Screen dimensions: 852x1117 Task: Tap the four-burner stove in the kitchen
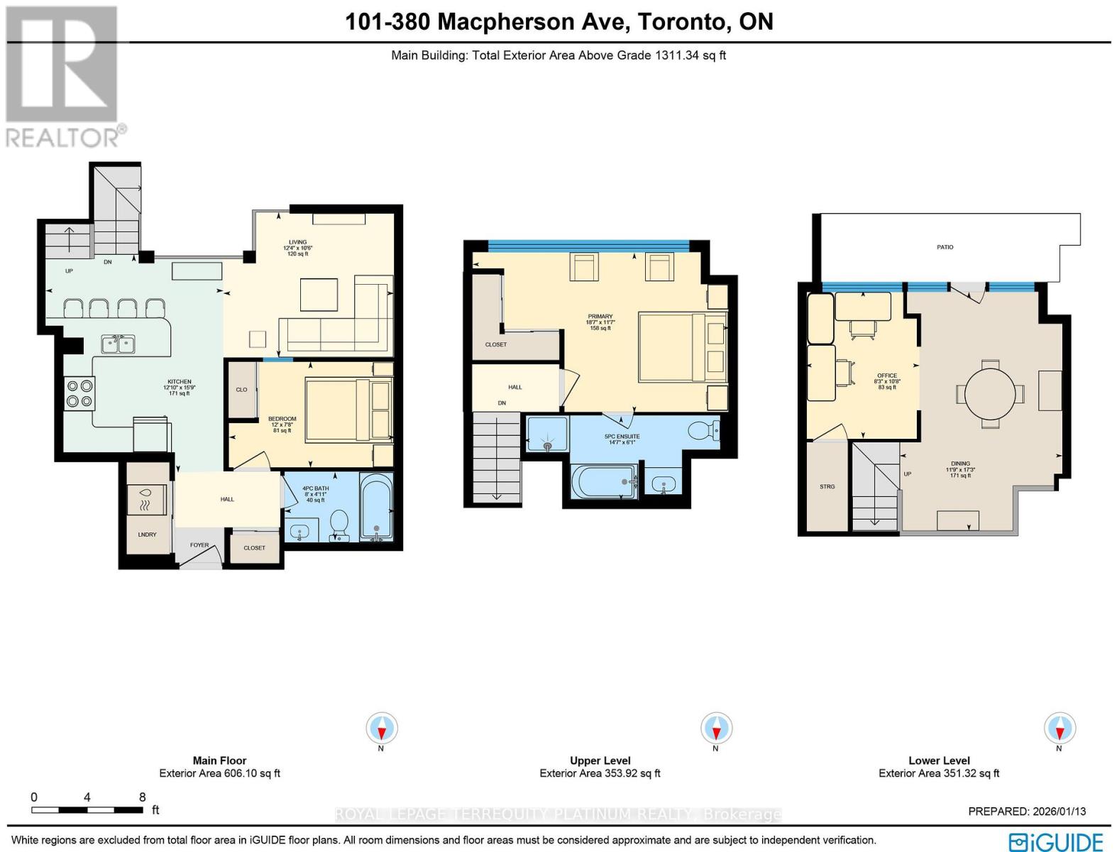pyautogui.click(x=79, y=393)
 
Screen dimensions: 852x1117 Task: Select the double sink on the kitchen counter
pyautogui.click(x=119, y=344)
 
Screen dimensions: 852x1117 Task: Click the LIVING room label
pyautogui.click(x=297, y=242)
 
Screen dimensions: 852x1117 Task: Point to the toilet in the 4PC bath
pyautogui.click(x=339, y=525)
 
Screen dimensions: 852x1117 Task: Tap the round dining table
pyautogui.click(x=990, y=394)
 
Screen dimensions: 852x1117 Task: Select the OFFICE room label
pyautogui.click(x=886, y=376)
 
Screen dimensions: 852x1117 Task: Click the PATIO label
pyautogui.click(x=945, y=247)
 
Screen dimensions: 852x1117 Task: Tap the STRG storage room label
pyautogui.click(x=827, y=487)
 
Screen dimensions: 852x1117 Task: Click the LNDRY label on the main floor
pyautogui.click(x=147, y=535)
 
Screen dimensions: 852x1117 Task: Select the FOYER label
pyautogui.click(x=199, y=545)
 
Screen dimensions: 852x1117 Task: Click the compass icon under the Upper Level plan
pyautogui.click(x=716, y=728)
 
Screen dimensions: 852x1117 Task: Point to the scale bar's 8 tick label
pyautogui.click(x=143, y=797)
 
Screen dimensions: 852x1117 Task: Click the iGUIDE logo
pyautogui.click(x=1055, y=842)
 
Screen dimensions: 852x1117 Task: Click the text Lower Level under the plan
pyautogui.click(x=938, y=760)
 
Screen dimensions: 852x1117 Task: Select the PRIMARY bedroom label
pyautogui.click(x=600, y=317)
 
